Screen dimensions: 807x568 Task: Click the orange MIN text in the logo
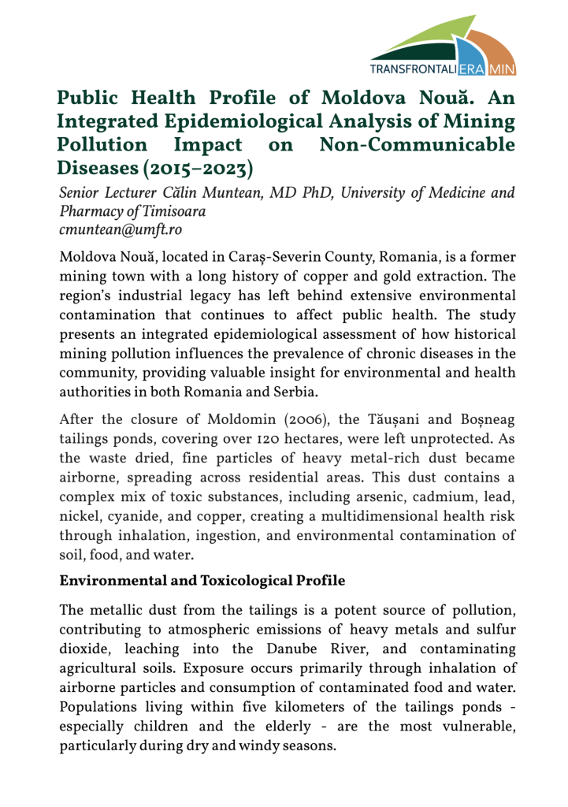pos(502,70)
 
